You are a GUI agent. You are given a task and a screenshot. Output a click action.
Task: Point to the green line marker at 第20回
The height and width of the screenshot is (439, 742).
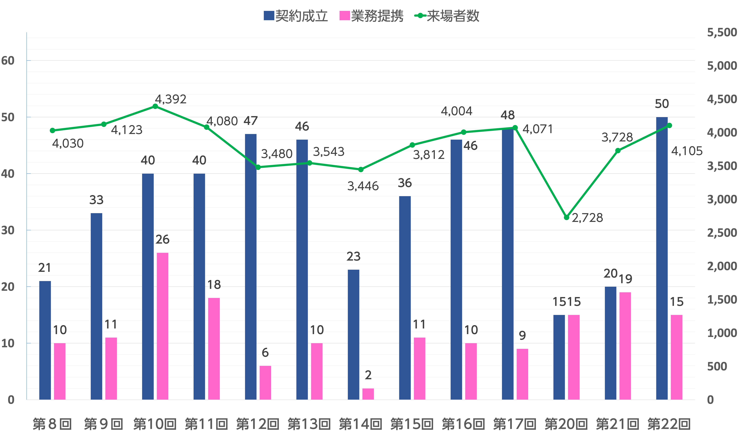point(566,217)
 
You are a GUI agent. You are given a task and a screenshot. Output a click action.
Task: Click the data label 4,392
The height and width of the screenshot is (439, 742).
point(171,99)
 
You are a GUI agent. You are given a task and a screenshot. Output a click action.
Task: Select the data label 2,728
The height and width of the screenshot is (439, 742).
point(587,218)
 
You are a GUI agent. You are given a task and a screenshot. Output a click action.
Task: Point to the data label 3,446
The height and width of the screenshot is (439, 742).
point(363,186)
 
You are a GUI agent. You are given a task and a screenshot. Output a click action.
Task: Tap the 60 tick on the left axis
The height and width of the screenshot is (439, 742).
point(8,61)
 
